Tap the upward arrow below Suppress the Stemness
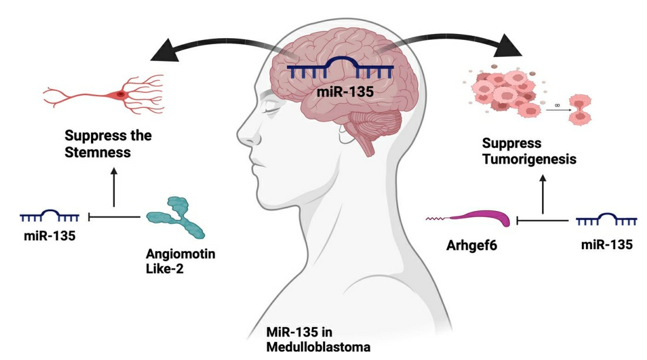[114, 188]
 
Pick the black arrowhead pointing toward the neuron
[167, 52]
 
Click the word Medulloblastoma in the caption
[318, 346]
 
